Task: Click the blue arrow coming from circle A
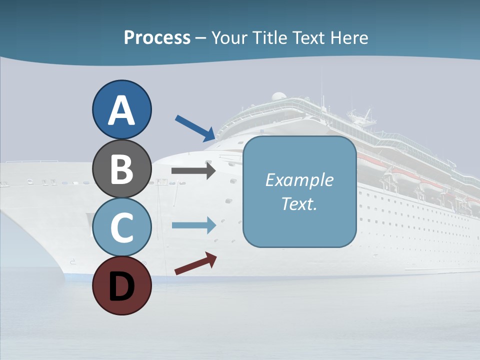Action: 195,128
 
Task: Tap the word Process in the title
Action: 157,37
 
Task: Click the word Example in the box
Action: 299,180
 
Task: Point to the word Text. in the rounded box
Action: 299,203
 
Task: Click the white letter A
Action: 121,110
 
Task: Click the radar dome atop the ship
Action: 278,96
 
